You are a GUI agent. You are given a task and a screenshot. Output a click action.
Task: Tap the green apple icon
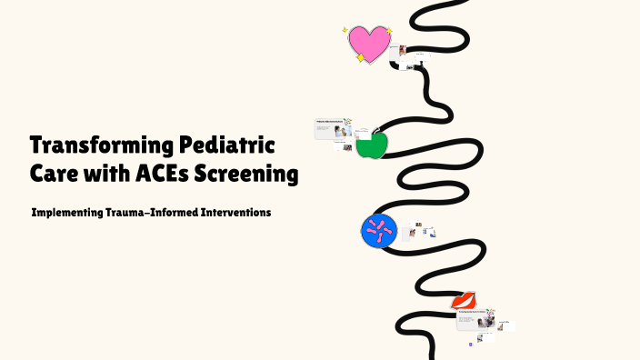(370, 145)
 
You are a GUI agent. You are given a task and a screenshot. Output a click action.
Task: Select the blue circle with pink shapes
(378, 232)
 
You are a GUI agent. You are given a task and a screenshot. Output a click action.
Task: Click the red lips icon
(465, 300)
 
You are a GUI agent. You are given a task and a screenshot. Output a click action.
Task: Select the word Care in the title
(57, 174)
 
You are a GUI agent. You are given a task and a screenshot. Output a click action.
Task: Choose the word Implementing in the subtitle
(70, 213)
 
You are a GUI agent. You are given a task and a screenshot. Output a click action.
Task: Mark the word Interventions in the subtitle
(239, 213)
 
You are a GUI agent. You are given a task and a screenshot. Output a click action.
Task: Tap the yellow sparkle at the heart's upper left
(345, 30)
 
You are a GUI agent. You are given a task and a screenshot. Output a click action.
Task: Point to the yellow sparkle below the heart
(361, 59)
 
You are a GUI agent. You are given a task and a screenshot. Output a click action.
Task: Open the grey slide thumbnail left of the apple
(333, 128)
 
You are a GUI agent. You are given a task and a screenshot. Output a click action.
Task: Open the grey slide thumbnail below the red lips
(475, 318)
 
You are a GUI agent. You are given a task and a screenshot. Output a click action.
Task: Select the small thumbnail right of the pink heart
(401, 54)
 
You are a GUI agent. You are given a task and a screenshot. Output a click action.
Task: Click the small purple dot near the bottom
(471, 345)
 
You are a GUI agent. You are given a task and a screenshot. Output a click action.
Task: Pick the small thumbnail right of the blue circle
(411, 231)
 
